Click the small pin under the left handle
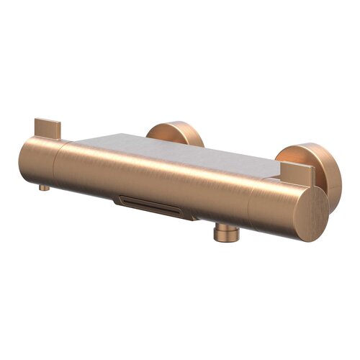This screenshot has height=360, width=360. coord(44,187)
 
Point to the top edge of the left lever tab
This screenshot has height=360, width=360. coord(45,118)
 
